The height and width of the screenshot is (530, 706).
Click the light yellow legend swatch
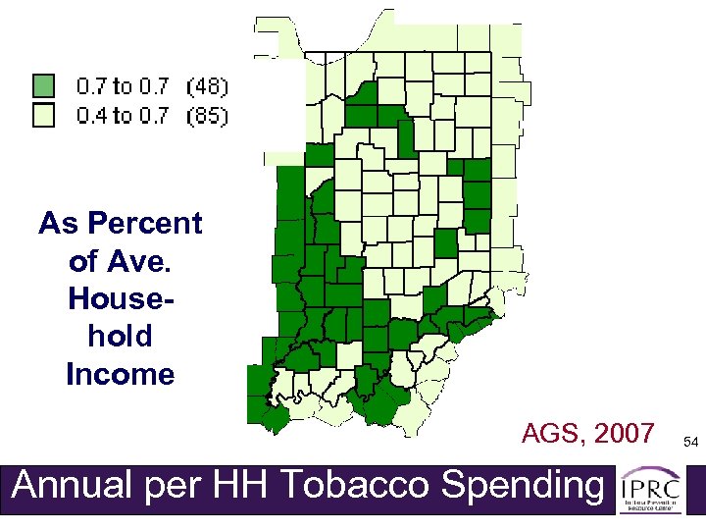[x=44, y=117]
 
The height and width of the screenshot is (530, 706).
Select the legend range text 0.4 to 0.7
[x=122, y=117]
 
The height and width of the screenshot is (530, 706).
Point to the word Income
[x=120, y=374]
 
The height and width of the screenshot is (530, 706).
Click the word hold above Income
[x=120, y=337]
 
